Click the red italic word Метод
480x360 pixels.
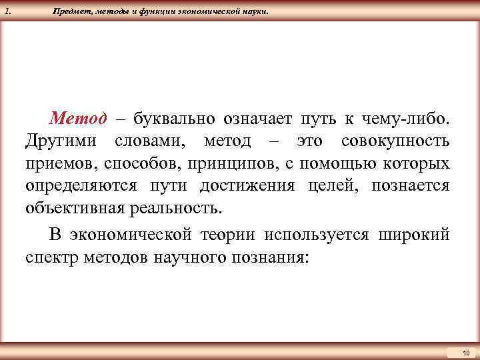point(78,119)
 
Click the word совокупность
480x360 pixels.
point(395,141)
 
